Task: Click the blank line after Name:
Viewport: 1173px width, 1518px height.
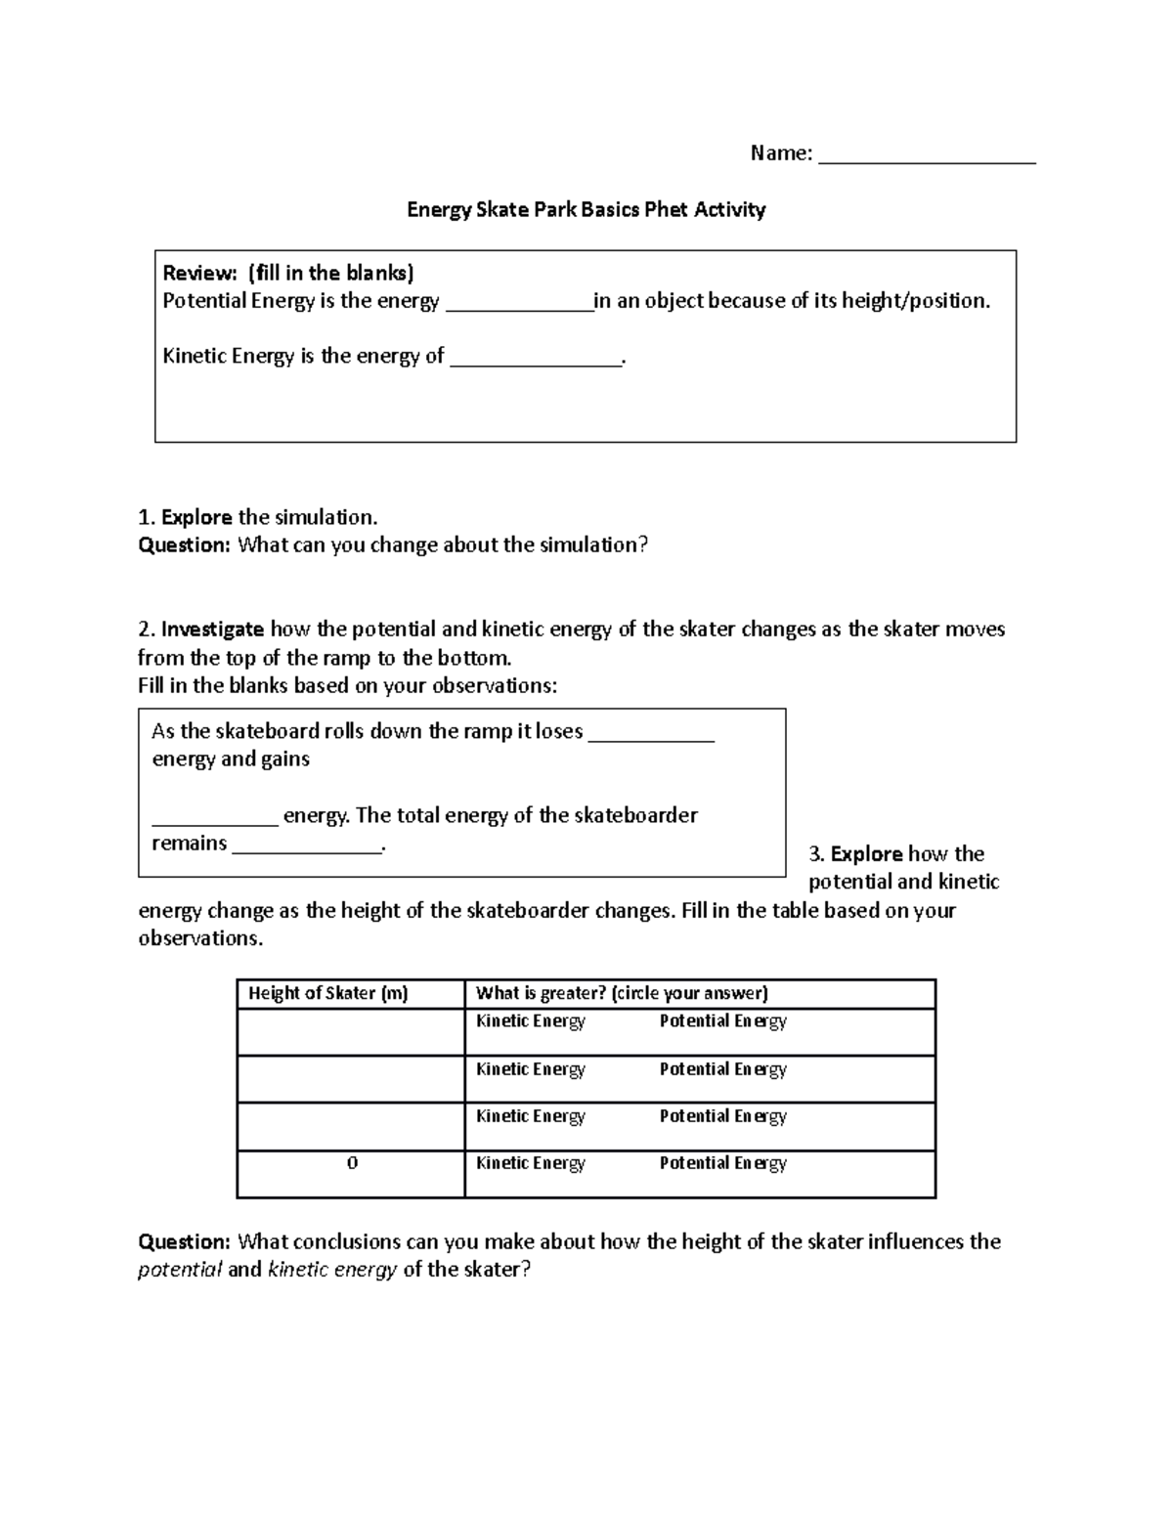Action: pos(927,156)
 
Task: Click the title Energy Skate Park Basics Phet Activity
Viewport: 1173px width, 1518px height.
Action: pos(586,209)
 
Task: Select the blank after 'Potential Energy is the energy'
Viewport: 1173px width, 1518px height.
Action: pos(519,304)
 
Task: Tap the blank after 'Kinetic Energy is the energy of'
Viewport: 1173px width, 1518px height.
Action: pos(536,360)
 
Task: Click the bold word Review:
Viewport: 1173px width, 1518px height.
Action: pos(199,273)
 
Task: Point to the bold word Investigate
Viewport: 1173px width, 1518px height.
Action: pos(212,629)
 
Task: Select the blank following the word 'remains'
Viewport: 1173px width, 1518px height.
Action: pos(307,846)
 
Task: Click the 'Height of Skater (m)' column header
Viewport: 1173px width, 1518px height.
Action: pos(327,993)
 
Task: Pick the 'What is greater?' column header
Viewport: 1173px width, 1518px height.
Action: pos(622,993)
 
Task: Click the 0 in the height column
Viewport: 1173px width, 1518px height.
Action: pos(352,1163)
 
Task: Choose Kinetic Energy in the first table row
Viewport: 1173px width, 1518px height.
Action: pos(530,1021)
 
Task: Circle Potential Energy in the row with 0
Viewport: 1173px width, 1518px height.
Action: pos(722,1163)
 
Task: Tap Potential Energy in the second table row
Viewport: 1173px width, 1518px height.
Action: pos(722,1069)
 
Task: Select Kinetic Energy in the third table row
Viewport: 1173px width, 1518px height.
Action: pos(530,1116)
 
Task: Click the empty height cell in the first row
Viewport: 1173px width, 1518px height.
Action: pos(350,1031)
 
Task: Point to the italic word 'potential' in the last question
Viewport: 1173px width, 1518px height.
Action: pos(180,1270)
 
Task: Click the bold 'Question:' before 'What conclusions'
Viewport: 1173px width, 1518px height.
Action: pos(184,1241)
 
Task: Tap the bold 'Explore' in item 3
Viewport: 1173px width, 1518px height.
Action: pos(866,853)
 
